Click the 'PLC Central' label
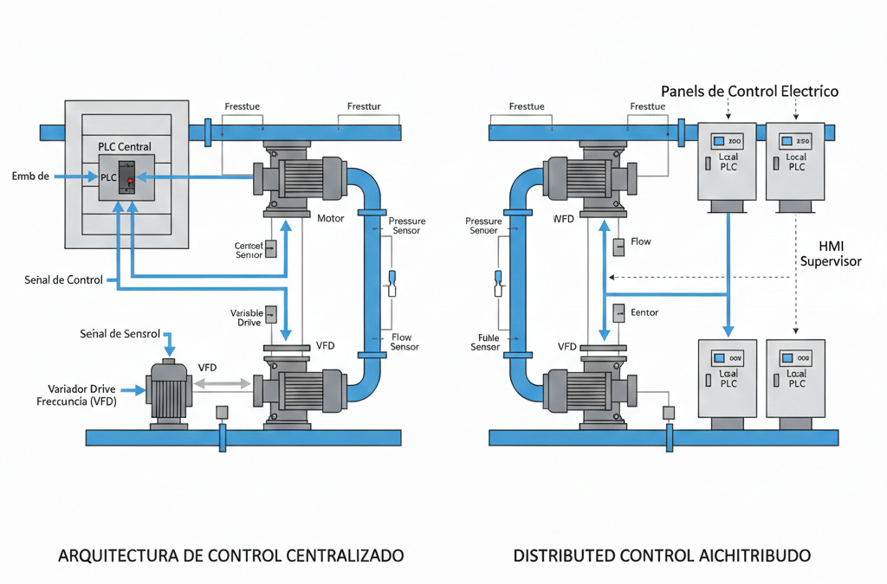point(125,146)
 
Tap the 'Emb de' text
point(30,176)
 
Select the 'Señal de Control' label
point(64,279)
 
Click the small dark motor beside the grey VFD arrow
point(168,392)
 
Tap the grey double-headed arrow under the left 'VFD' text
point(220,383)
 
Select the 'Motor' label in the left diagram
point(331,219)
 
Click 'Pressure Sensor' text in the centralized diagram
point(406,226)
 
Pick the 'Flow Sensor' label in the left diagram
point(405,342)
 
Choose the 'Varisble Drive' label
point(245,318)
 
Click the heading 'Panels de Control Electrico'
point(749,91)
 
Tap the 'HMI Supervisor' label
point(831,253)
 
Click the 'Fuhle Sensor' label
point(485,342)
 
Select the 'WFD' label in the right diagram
point(564,219)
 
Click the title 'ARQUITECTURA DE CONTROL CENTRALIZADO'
point(230,555)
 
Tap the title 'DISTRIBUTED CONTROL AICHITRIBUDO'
point(662,555)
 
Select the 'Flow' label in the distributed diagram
point(641,241)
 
